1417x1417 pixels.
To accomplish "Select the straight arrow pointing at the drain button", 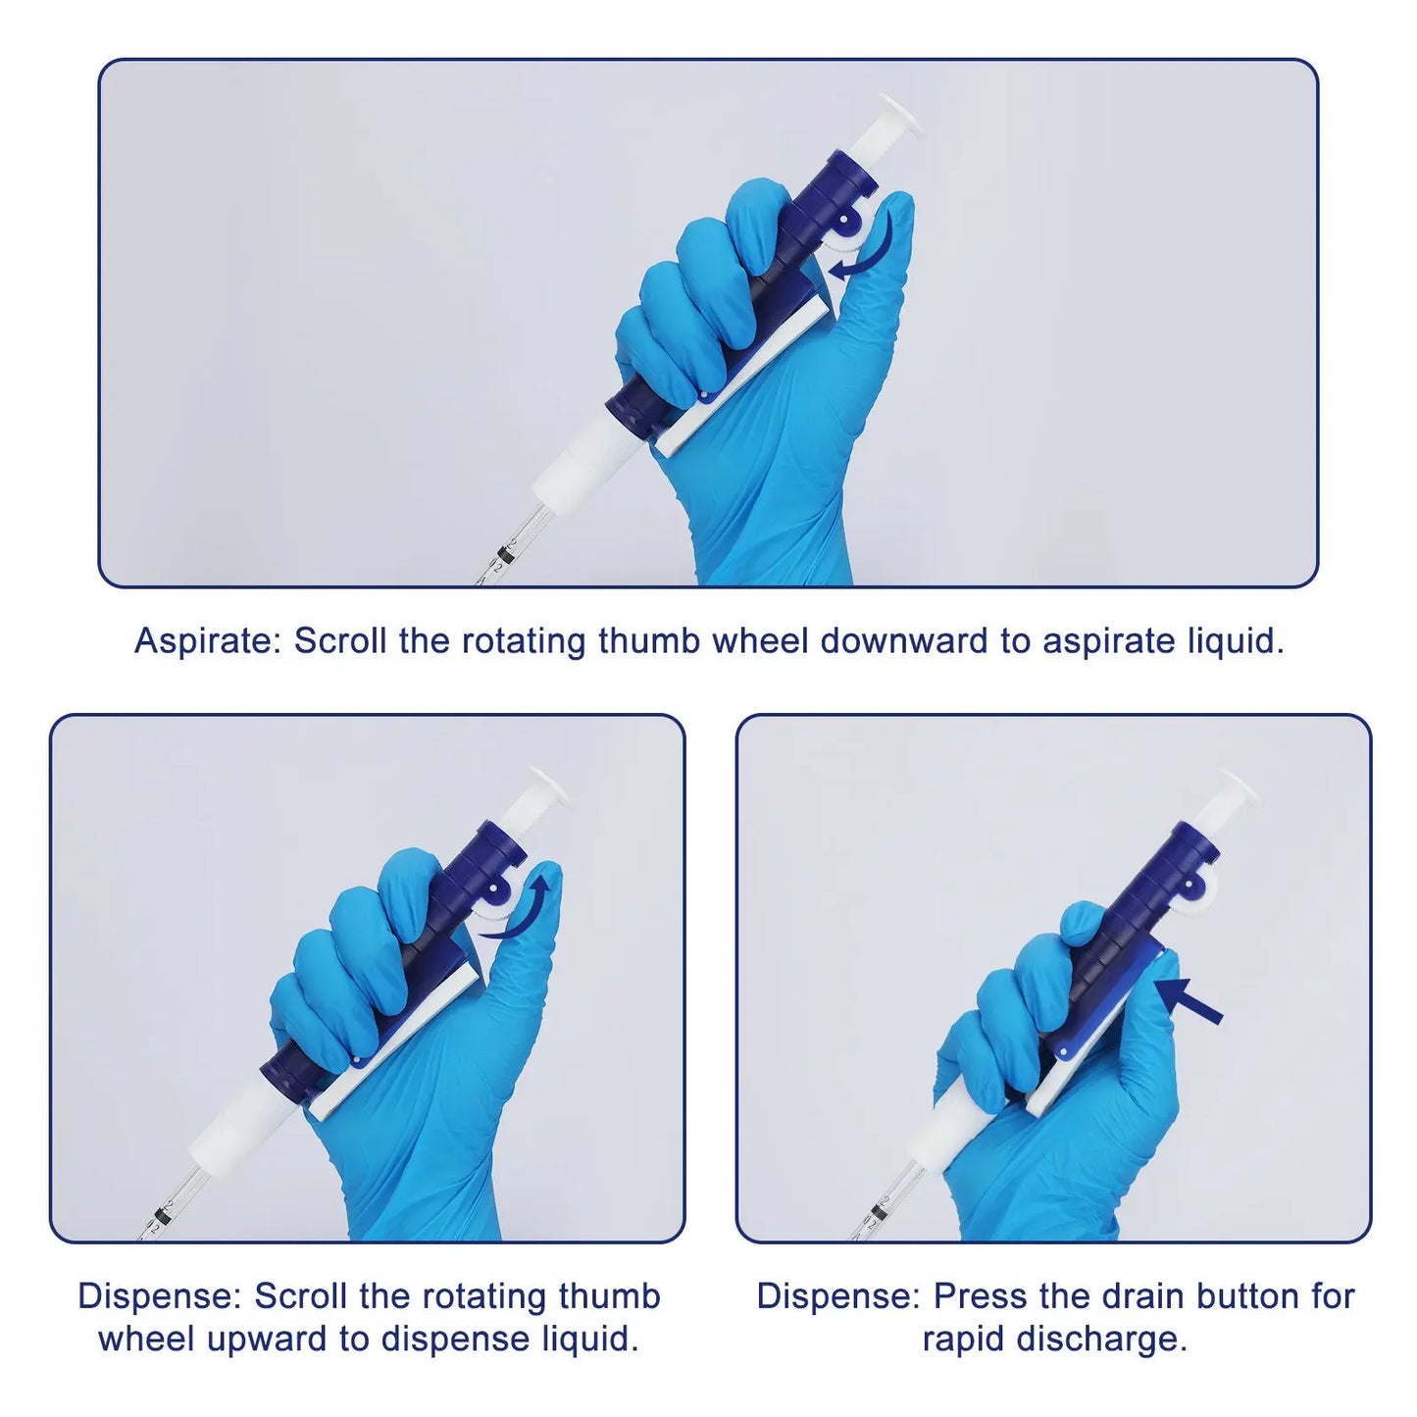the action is coord(1189,999).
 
